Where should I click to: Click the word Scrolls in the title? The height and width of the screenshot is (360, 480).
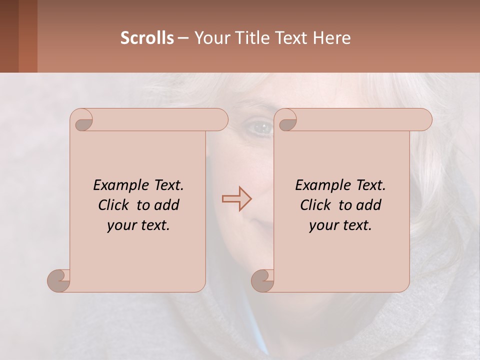(147, 38)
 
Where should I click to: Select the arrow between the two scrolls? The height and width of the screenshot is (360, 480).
(236, 199)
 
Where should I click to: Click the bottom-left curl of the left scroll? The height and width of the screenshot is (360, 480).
(58, 280)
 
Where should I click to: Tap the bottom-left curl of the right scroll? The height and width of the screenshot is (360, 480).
(262, 280)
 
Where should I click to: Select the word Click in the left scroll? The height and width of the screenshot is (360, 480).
(114, 205)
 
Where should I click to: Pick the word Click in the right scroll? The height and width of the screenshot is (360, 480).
(316, 205)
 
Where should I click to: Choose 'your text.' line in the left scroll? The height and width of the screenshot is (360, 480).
(138, 225)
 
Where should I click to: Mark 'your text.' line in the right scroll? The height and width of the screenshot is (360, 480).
(340, 225)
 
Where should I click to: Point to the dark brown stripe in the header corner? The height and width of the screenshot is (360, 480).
(9, 36)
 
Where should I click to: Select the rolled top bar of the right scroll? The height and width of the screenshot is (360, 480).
(360, 119)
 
